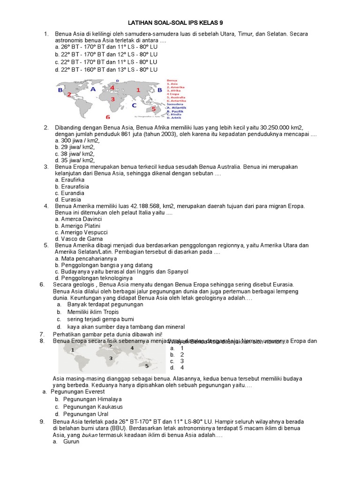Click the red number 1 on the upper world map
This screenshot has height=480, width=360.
point(138,89)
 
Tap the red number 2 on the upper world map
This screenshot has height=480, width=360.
point(69,95)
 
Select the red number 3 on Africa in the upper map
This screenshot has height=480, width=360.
point(112,99)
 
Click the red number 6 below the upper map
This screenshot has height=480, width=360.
point(108,117)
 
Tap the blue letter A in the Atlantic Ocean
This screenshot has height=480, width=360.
point(93,89)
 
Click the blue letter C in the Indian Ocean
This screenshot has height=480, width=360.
point(134,105)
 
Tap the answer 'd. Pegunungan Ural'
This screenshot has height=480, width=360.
point(82,414)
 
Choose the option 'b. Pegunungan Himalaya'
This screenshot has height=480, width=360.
point(86,399)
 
